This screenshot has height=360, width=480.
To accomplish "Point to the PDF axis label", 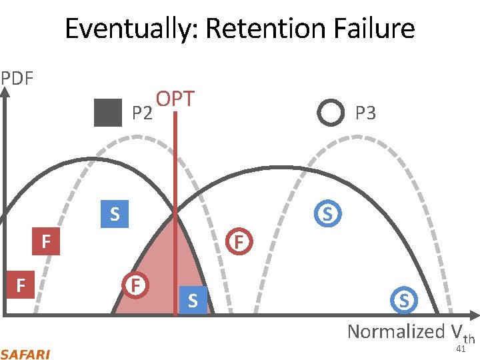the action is pyautogui.click(x=17, y=79).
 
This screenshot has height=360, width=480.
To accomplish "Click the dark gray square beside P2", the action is pyautogui.click(x=108, y=112).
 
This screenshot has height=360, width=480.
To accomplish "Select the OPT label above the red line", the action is pyautogui.click(x=175, y=99).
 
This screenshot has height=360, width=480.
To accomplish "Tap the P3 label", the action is pyautogui.click(x=365, y=113).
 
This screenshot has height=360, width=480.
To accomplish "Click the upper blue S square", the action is pyautogui.click(x=115, y=214).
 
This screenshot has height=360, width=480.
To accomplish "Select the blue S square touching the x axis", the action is pyautogui.click(x=193, y=301).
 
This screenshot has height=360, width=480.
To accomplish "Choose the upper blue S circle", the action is pyautogui.click(x=327, y=214).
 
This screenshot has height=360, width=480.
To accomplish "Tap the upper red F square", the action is pyautogui.click(x=46, y=241).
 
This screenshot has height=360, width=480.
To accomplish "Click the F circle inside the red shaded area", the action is pyautogui.click(x=135, y=285).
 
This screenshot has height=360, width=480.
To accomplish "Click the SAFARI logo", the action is pyautogui.click(x=25, y=353).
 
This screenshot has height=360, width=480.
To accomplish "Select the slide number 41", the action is pyautogui.click(x=460, y=349).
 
